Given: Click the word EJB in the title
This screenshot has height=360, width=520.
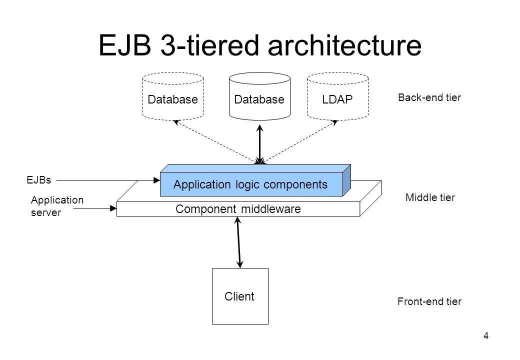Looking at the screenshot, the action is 125,45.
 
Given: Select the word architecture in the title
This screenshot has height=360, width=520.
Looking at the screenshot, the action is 344,45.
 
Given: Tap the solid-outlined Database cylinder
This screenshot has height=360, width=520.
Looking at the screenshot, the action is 259,96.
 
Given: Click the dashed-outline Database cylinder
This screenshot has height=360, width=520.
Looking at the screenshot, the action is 173,96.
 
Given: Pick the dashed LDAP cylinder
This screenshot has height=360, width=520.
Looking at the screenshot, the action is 337,96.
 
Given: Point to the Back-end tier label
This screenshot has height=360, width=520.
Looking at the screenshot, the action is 429,97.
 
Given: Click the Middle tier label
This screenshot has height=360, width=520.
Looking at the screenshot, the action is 430,197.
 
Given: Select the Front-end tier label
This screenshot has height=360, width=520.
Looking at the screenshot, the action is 429,301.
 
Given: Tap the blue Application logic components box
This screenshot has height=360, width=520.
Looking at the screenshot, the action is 255,180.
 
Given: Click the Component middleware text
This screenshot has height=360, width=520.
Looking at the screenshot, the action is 238,209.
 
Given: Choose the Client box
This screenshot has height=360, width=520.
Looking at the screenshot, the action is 240,296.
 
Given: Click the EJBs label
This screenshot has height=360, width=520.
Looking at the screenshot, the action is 39,180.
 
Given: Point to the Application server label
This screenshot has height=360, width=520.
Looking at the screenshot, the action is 57,206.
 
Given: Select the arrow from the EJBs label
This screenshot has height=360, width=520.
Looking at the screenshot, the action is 108,180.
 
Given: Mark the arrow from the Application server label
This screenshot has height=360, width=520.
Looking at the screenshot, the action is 95,208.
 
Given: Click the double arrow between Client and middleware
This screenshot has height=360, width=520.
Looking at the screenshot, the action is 239,242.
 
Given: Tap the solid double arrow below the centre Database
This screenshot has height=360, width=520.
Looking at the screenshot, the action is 260,144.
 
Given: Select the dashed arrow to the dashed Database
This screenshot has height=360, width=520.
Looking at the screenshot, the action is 216,142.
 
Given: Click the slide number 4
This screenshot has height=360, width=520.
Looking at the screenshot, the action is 486,336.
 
